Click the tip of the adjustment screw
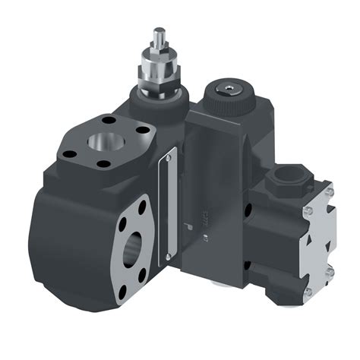(x=158, y=33)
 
